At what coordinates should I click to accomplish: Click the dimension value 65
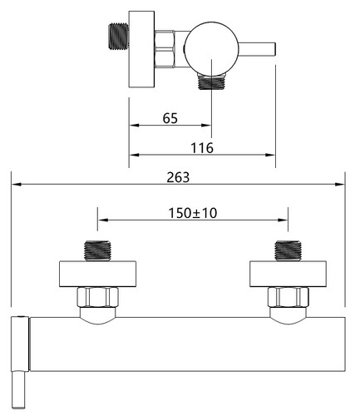170,118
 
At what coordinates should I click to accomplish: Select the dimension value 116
202,148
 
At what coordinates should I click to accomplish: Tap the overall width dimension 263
178,177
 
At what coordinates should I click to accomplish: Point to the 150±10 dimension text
193,213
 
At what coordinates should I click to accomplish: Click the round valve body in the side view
211,49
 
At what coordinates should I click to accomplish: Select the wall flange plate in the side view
141,49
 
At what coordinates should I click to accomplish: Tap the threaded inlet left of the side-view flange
118,37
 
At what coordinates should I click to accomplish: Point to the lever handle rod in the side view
257,49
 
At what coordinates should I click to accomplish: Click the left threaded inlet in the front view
97,250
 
